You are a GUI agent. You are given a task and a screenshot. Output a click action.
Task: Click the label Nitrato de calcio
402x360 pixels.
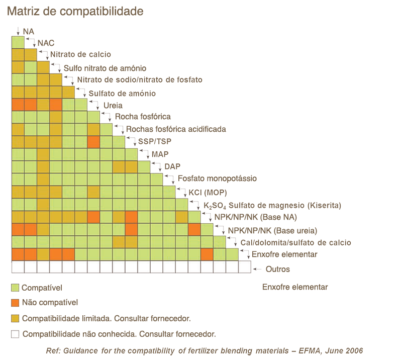84,55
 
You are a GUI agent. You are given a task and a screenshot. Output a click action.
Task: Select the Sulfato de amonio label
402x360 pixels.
122,94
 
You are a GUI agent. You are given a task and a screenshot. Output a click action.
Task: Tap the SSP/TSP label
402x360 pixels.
154,142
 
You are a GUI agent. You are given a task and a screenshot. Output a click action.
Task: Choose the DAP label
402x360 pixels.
172,166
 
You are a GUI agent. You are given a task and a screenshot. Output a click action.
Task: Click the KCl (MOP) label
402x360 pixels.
208,192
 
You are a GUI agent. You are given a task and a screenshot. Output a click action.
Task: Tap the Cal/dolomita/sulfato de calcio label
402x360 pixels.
295,243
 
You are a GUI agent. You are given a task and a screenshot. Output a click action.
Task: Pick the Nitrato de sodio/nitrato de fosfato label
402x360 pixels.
140,79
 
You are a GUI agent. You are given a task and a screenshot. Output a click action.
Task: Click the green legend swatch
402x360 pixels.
15,288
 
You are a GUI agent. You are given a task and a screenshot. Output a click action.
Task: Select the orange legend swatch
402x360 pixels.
15,303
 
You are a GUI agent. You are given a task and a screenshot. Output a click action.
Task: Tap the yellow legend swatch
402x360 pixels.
15,318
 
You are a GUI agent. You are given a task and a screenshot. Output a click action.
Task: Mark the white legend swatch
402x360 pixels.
15,333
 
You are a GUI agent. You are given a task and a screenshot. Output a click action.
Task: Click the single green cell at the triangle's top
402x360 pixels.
18,42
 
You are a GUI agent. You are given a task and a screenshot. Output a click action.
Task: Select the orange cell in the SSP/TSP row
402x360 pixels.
93,142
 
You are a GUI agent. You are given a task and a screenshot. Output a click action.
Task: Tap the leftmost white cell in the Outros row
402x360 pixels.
18,267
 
